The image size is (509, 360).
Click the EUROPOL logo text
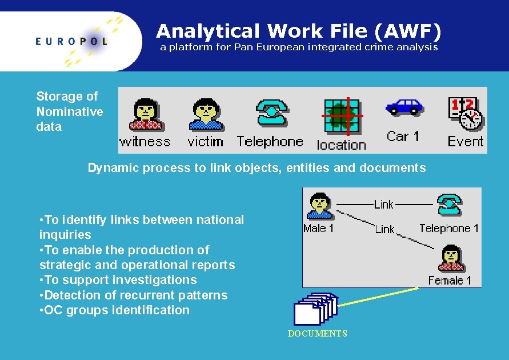pyautogui.click(x=71, y=41)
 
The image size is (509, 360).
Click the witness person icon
pyautogui.click(x=146, y=114)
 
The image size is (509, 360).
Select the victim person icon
pyautogui.click(x=205, y=114)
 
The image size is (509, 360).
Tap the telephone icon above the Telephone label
pyautogui.click(x=271, y=113)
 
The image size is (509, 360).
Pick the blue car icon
pyautogui.click(x=403, y=107)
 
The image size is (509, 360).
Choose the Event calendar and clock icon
pyautogui.click(x=465, y=113)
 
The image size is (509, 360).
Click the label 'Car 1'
pyautogui.click(x=403, y=136)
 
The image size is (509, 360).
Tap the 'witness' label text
pyautogui.click(x=145, y=141)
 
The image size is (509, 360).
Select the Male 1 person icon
pyautogui.click(x=319, y=206)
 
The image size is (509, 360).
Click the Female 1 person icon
pyautogui.click(x=451, y=258)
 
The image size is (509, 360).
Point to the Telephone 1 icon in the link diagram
pyautogui.click(x=449, y=205)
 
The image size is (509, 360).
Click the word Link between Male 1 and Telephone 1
pyautogui.click(x=383, y=204)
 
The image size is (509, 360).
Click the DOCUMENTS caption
pyautogui.click(x=317, y=334)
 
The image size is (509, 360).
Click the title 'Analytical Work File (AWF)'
pyautogui.click(x=299, y=30)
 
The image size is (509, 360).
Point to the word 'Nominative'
pyautogui.click(x=70, y=111)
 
